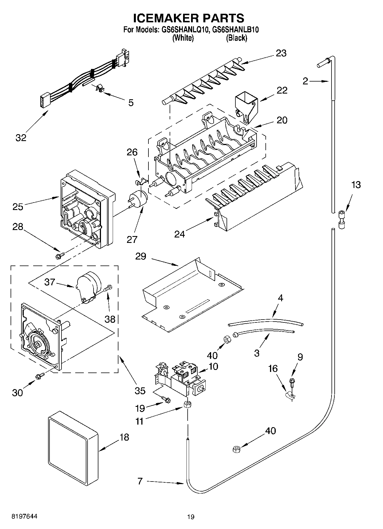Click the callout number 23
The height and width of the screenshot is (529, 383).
point(281,53)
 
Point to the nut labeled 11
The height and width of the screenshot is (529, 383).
point(187,404)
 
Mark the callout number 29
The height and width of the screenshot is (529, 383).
point(140,256)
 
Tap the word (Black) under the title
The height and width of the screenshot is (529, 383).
point(236,38)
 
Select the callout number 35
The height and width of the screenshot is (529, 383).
point(140,390)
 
